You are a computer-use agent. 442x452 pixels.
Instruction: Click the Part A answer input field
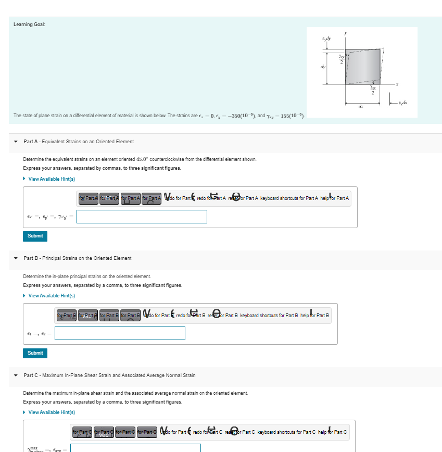click(x=142, y=217)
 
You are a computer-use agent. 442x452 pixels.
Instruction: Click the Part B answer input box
click(x=120, y=333)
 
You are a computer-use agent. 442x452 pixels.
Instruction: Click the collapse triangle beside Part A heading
click(x=16, y=142)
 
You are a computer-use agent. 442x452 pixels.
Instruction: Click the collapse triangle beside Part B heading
click(x=16, y=258)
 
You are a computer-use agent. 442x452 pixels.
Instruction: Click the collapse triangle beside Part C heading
click(x=16, y=375)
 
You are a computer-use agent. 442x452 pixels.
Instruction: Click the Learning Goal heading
click(x=29, y=24)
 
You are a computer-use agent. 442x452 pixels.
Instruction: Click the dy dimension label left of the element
click(x=323, y=66)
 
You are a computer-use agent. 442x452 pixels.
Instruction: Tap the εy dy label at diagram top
click(x=326, y=38)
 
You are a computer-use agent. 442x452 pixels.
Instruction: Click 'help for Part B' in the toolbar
click(x=314, y=316)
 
